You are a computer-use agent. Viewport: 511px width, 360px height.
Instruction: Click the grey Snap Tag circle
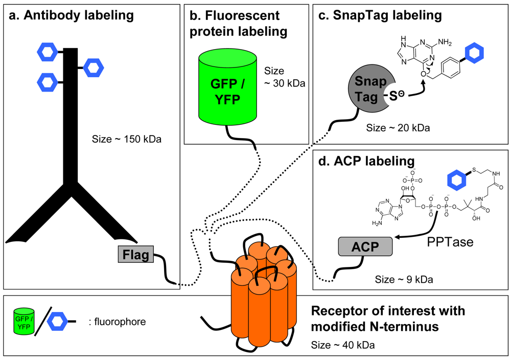367,89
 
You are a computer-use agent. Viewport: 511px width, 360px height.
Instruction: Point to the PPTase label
450,240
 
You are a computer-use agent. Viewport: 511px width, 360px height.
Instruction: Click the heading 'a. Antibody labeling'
71,16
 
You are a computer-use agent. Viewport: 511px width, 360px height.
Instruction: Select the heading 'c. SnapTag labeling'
380,15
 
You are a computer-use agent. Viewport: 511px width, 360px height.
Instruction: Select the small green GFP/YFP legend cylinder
24,322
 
